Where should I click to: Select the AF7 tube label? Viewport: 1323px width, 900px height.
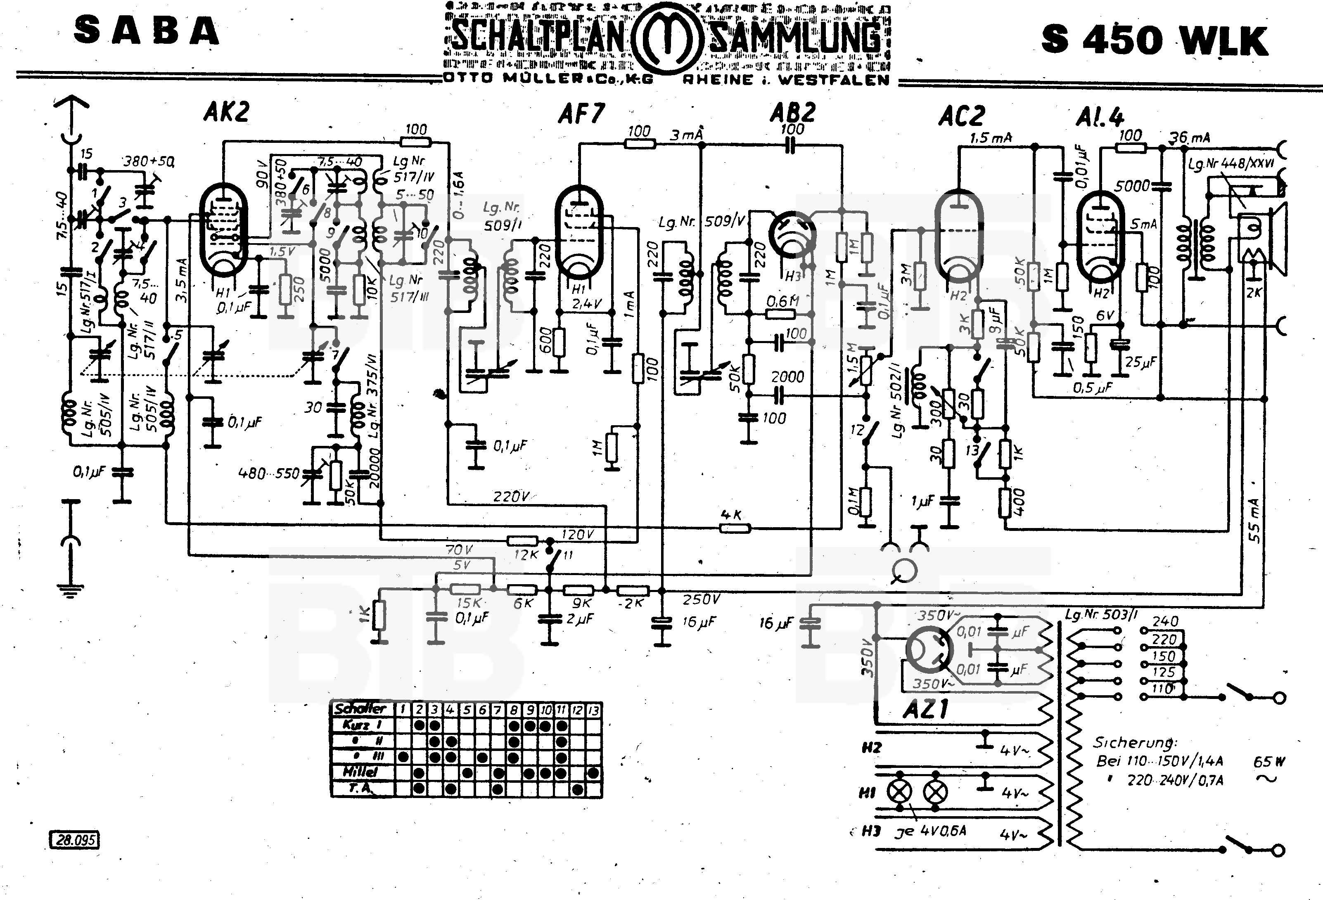click(x=581, y=114)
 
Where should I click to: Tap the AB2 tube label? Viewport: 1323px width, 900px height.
click(x=792, y=112)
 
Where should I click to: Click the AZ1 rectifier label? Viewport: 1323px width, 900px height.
click(x=925, y=709)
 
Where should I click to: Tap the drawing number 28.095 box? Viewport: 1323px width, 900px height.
click(x=75, y=840)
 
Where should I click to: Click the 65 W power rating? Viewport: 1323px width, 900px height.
click(x=1269, y=762)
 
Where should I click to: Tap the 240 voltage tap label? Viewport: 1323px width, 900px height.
click(x=1165, y=621)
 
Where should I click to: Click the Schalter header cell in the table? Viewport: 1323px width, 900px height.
click(x=361, y=709)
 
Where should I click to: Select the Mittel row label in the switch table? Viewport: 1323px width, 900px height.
click(x=360, y=772)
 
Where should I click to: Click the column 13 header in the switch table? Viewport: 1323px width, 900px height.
click(x=594, y=709)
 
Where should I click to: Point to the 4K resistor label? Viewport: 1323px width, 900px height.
click(x=731, y=515)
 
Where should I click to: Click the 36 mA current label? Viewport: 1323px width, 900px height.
click(x=1189, y=137)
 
